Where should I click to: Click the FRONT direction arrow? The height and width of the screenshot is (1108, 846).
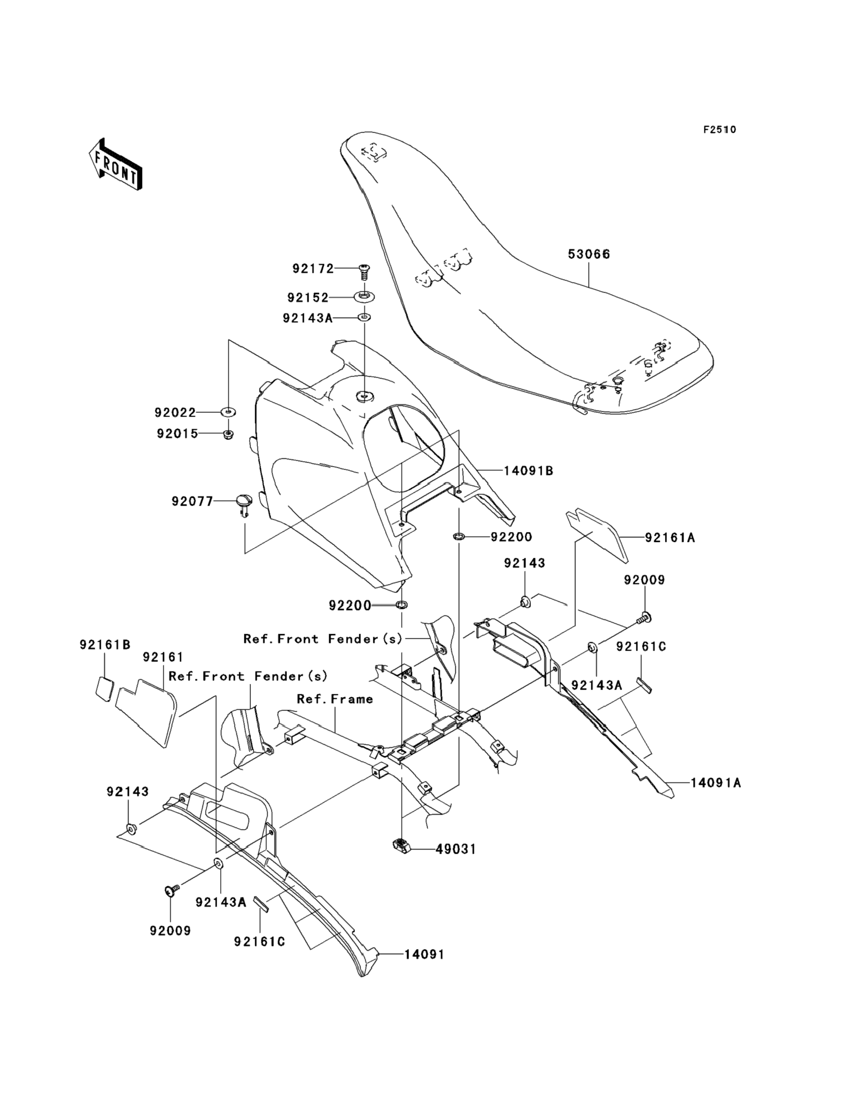[x=115, y=165]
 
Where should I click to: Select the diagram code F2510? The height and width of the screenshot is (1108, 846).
[x=719, y=130]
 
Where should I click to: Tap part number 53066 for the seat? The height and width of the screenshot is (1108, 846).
[x=589, y=254]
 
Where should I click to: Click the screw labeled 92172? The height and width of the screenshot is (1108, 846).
[x=363, y=272]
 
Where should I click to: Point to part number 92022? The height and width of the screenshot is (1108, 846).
[x=175, y=412]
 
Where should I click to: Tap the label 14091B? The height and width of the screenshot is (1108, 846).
[x=528, y=471]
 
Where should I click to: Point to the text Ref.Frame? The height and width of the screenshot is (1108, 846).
[x=335, y=699]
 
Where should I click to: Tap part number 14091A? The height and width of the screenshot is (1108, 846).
[x=715, y=783]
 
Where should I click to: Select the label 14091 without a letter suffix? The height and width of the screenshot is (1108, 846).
[x=424, y=955]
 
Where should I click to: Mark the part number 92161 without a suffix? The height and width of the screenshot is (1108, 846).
[x=163, y=657]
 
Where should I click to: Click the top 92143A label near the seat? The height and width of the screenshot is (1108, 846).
[x=307, y=319]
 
